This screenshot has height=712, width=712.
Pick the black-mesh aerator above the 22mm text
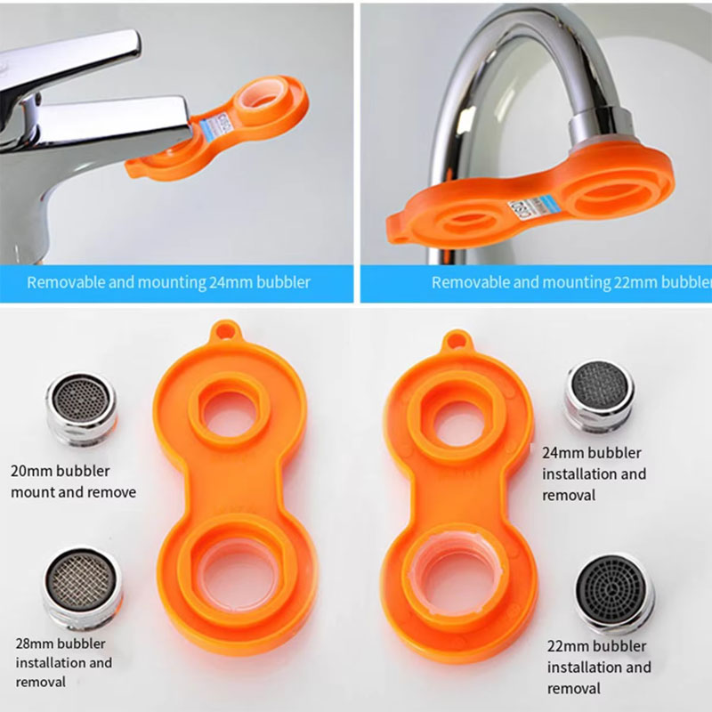(x=614, y=592)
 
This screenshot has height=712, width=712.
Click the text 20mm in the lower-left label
(x=29, y=471)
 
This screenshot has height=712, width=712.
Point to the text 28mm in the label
(x=36, y=643)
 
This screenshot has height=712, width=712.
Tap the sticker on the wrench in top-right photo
(x=518, y=210)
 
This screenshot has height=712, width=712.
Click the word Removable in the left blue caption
(x=61, y=282)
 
